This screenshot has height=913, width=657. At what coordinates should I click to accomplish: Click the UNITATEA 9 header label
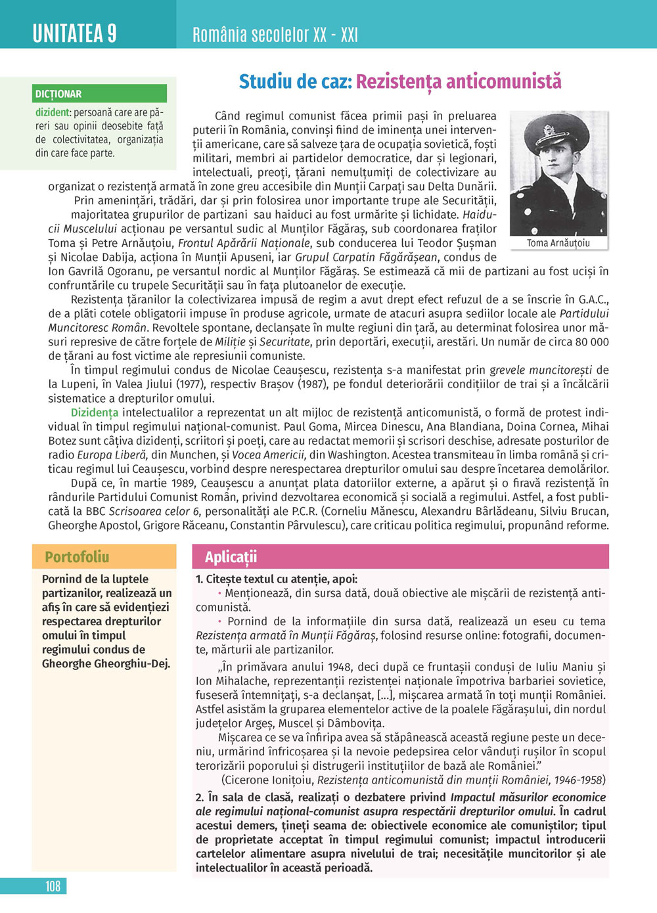(74, 33)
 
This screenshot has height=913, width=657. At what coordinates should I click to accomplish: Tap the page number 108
(53, 886)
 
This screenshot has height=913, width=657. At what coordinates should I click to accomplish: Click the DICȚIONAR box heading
(58, 94)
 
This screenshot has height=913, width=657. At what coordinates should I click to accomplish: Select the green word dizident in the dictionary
(53, 112)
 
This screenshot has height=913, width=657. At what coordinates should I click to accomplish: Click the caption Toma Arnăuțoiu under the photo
(558, 243)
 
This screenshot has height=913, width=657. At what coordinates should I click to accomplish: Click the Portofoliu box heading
(77, 557)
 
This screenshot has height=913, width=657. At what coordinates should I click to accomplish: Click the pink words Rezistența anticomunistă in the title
(459, 81)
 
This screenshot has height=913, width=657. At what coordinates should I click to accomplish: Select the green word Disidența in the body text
(95, 412)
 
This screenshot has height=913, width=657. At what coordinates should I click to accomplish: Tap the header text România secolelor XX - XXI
(275, 34)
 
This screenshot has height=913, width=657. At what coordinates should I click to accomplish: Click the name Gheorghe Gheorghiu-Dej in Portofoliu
(106, 663)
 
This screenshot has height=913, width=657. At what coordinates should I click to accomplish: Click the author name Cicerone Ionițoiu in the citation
(268, 780)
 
